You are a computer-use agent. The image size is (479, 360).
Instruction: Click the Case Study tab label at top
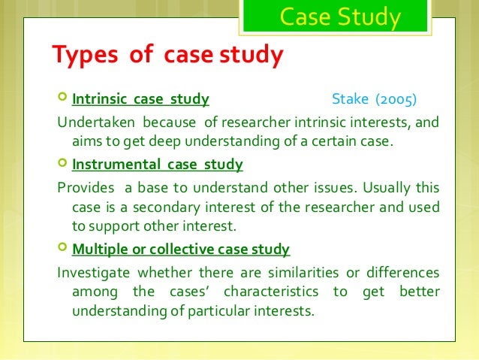click(340, 17)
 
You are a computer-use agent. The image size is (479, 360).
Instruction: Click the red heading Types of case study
click(167, 55)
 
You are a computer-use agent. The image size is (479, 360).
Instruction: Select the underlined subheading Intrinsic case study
click(140, 99)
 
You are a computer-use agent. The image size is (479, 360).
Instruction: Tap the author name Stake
click(348, 99)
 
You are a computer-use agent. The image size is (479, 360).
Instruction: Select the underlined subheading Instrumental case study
click(157, 163)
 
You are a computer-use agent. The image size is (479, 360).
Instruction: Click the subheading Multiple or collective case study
click(181, 249)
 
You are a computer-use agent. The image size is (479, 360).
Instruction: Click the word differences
click(402, 271)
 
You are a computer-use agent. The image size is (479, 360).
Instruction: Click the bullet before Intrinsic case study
click(62, 99)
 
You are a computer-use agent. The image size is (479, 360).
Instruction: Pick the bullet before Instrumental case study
click(62, 163)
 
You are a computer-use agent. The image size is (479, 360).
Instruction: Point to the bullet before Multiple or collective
click(62, 249)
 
